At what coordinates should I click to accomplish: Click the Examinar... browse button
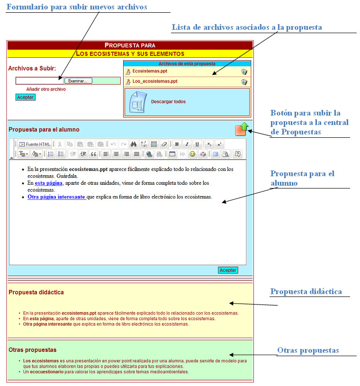pos(78,81)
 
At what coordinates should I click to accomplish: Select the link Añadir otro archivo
pos(46,89)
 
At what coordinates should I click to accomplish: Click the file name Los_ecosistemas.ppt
pos(155,81)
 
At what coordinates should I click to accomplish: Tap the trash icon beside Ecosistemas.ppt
pos(244,72)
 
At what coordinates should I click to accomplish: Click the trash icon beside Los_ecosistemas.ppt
pos(244,82)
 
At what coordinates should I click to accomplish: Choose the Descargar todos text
pos(168,101)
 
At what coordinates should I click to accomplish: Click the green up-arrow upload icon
pos(242,129)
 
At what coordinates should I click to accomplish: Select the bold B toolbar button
pos(177,144)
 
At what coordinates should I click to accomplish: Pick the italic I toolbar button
pos(187,144)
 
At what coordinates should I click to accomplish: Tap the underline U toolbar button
pos(197,144)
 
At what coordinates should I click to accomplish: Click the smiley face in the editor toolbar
pos(192,154)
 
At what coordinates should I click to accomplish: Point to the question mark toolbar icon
pos(238,154)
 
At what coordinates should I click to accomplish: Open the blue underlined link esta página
pos(48,183)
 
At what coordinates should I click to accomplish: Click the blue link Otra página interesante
pos(56,197)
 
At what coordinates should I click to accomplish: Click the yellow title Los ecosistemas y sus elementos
pos(130,54)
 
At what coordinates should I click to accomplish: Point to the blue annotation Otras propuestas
pos(308,350)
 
